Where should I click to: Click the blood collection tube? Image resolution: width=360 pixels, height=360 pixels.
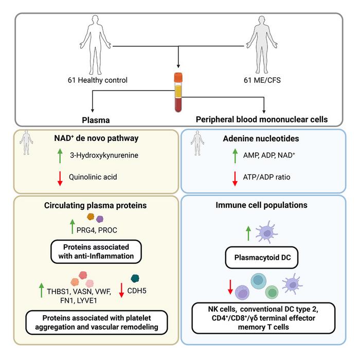(x=178, y=93)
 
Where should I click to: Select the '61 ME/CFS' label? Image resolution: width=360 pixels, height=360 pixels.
(x=263, y=80)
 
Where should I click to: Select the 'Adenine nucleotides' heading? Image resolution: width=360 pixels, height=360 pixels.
(x=268, y=138)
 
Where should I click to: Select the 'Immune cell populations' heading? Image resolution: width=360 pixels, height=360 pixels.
(x=268, y=204)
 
